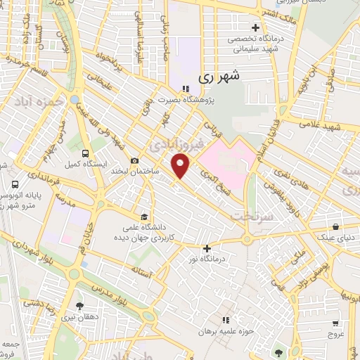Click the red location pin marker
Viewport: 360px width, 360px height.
(181, 167)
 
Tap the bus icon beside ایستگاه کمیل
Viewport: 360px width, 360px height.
(86, 154)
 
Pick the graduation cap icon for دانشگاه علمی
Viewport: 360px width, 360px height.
(144, 216)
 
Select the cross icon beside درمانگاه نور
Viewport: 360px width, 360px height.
(207, 248)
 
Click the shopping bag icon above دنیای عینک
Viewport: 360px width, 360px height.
(337, 227)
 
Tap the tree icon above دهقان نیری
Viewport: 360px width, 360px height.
(79, 306)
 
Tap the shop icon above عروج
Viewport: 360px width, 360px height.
(338, 324)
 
